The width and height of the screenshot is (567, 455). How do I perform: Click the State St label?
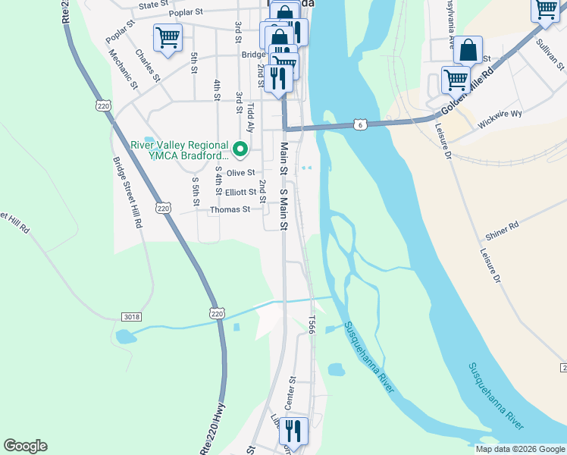tap(153, 5)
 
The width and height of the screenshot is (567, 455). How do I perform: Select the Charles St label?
tap(146, 65)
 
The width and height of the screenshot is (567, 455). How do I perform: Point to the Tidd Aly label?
tap(250, 121)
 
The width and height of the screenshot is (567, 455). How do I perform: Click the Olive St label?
tap(241, 174)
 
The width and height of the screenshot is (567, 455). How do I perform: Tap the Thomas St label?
tap(230, 209)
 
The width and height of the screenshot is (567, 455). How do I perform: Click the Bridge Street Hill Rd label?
tap(127, 193)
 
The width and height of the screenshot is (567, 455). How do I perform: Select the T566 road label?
tap(311, 325)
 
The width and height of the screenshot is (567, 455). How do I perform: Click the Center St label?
tap(290, 390)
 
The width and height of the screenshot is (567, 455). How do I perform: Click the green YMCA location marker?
tap(240, 149)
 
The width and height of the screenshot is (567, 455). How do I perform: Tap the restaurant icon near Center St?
tap(293, 431)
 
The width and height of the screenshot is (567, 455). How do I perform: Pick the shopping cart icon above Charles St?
tap(168, 36)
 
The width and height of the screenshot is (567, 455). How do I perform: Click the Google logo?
tap(25, 446)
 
